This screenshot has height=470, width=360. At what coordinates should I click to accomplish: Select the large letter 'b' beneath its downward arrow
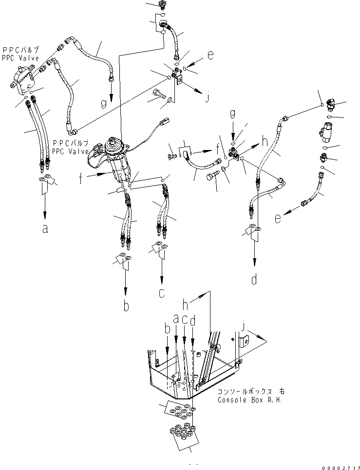click(126, 306)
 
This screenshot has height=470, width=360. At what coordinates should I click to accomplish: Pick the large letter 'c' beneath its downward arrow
click(162, 294)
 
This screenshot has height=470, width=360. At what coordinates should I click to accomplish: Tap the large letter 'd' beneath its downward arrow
click(255, 280)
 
